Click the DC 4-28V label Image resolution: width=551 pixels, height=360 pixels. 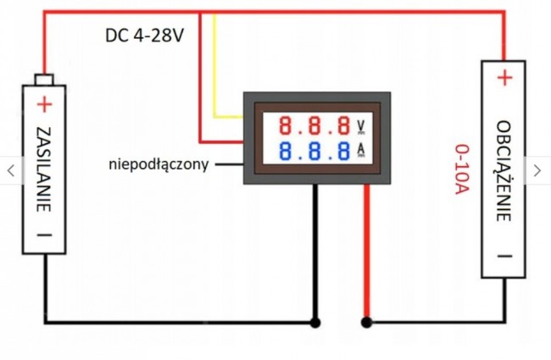coord(144,36)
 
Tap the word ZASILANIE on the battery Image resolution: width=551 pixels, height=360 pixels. coord(44,169)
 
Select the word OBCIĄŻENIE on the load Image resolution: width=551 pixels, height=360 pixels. coord(504,171)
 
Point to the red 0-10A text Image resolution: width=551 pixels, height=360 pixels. coord(462,169)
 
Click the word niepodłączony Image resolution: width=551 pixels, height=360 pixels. coord(159,164)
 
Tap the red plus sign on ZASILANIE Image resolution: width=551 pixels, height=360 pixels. coord(44,104)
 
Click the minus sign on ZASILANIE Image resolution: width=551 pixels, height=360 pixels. coord(44,235)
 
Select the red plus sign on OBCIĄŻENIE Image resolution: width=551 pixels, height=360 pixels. coord(505,78)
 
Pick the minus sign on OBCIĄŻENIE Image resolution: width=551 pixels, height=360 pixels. coord(504,257)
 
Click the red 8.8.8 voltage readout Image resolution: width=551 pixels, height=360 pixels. coord(314,125)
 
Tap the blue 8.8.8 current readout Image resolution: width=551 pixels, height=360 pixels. coord(314,151)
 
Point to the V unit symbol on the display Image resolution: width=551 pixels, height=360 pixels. coord(361,127)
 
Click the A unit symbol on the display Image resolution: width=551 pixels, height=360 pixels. coord(361,150)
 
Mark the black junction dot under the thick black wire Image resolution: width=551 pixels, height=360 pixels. coord(315,323)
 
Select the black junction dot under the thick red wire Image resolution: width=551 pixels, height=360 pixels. coord(366,323)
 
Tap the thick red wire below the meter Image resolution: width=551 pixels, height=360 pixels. coord(366,251)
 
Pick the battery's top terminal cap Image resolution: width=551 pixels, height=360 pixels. coord(44,80)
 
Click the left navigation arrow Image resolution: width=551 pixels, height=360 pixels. coord(11,171)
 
